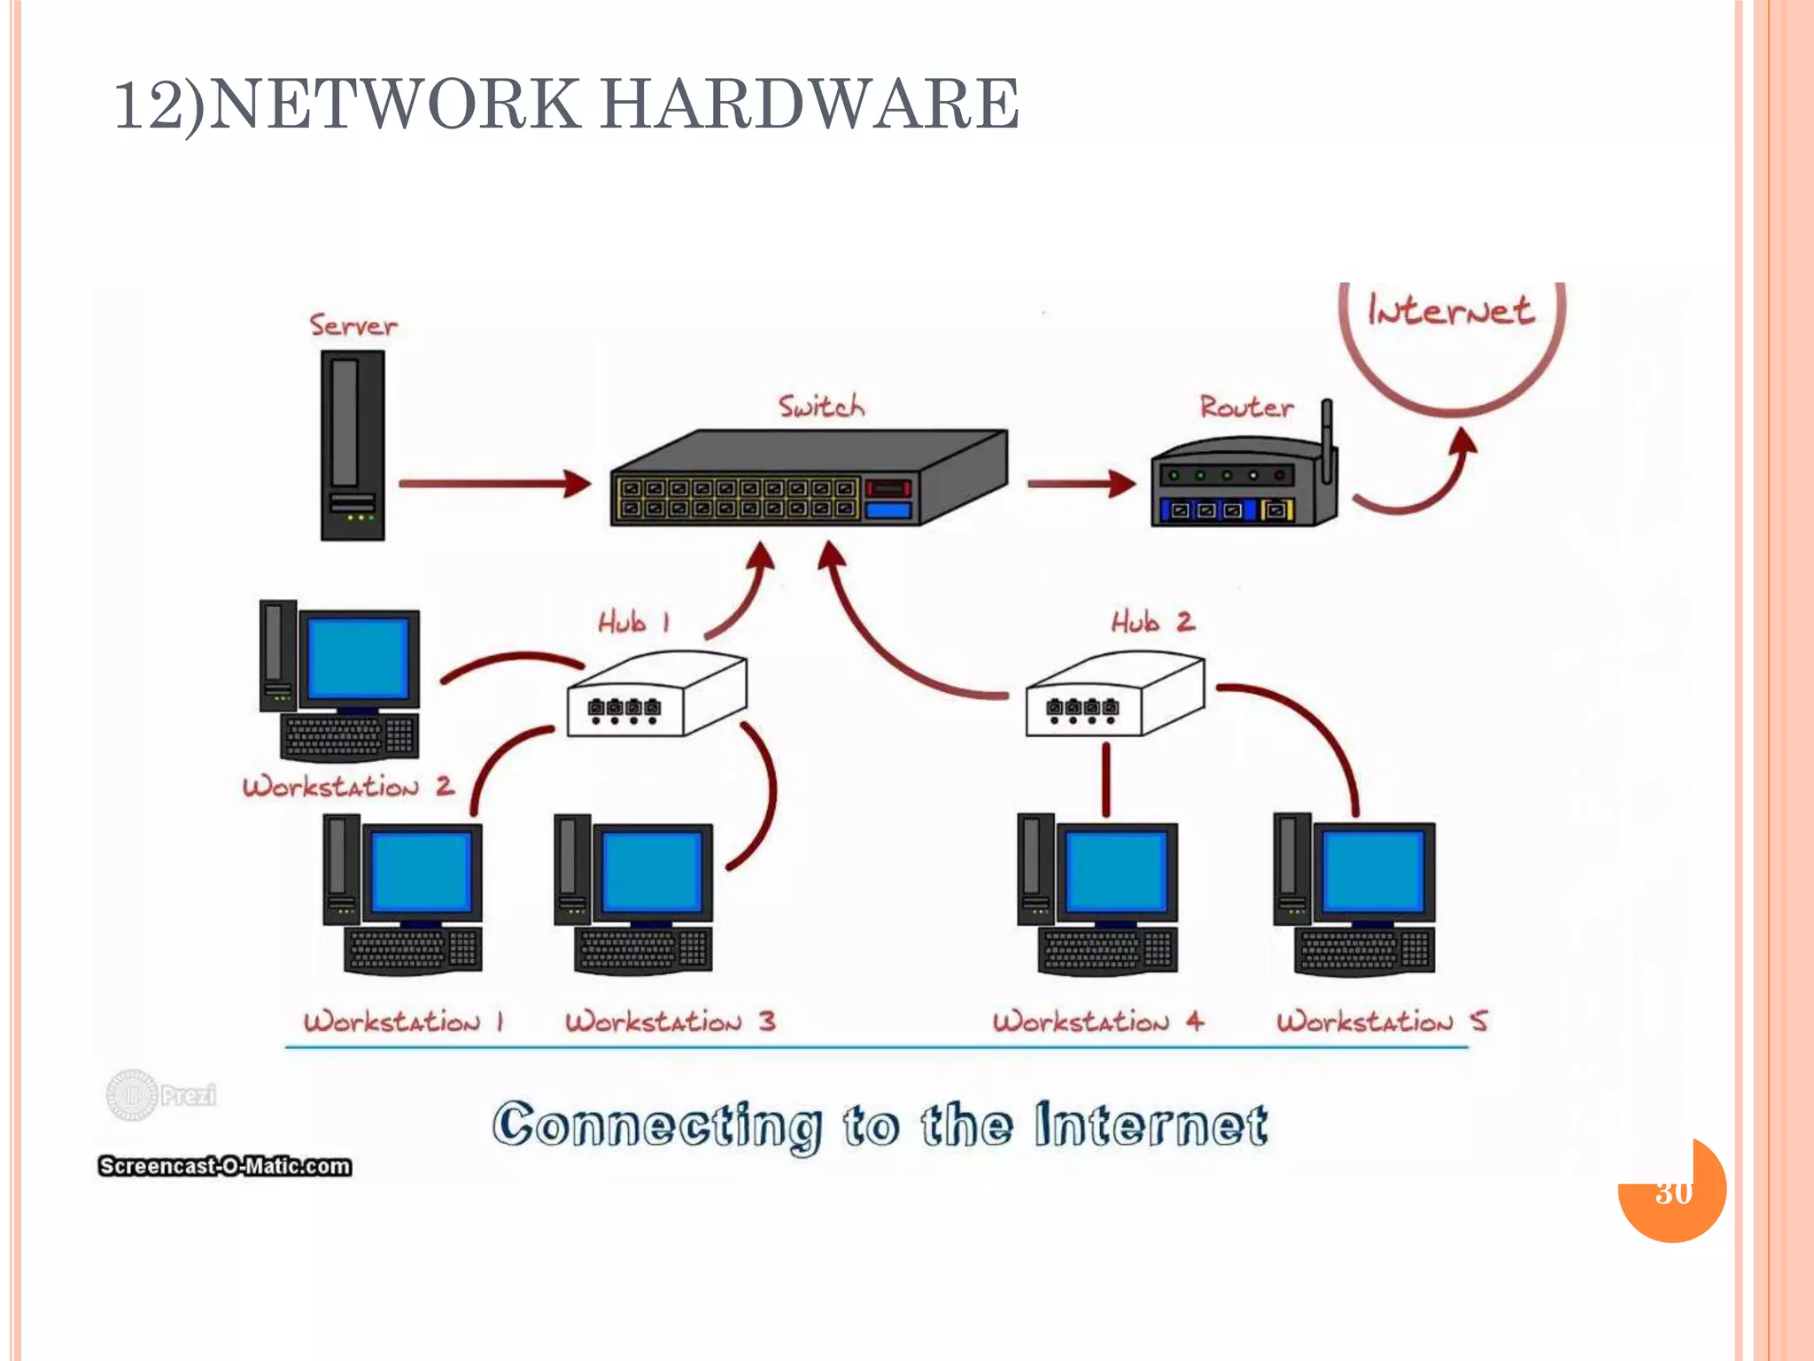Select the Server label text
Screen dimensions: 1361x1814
click(x=353, y=325)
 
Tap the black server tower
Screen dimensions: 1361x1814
click(x=353, y=445)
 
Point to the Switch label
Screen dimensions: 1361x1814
click(x=821, y=407)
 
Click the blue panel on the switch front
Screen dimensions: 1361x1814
click(x=888, y=510)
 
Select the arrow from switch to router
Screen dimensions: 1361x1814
click(x=1080, y=484)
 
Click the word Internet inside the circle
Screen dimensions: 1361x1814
click(x=1450, y=310)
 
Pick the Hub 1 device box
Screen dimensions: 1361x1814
click(x=656, y=696)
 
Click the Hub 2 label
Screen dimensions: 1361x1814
click(x=1152, y=622)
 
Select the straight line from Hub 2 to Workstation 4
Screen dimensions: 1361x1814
click(x=1105, y=779)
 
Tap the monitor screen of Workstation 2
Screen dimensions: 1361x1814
click(x=359, y=657)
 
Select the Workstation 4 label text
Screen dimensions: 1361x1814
click(x=1097, y=1022)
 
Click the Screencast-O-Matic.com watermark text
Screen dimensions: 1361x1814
click(x=224, y=1166)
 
